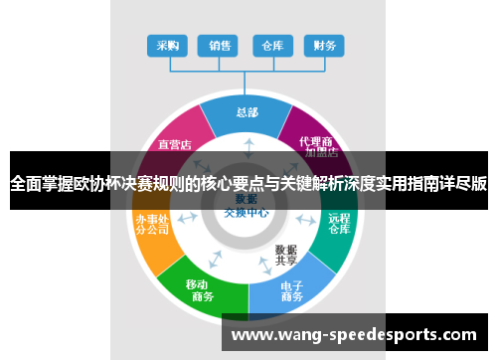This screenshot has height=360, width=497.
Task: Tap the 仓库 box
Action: point(271,46)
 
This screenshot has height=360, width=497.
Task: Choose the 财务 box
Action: point(324,46)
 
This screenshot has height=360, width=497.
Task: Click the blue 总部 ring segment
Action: point(246,115)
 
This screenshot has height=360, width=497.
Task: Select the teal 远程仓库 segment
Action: point(339,225)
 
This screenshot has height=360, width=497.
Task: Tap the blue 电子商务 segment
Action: point(291,291)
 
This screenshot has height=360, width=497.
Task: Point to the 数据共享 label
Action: point(286,255)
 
